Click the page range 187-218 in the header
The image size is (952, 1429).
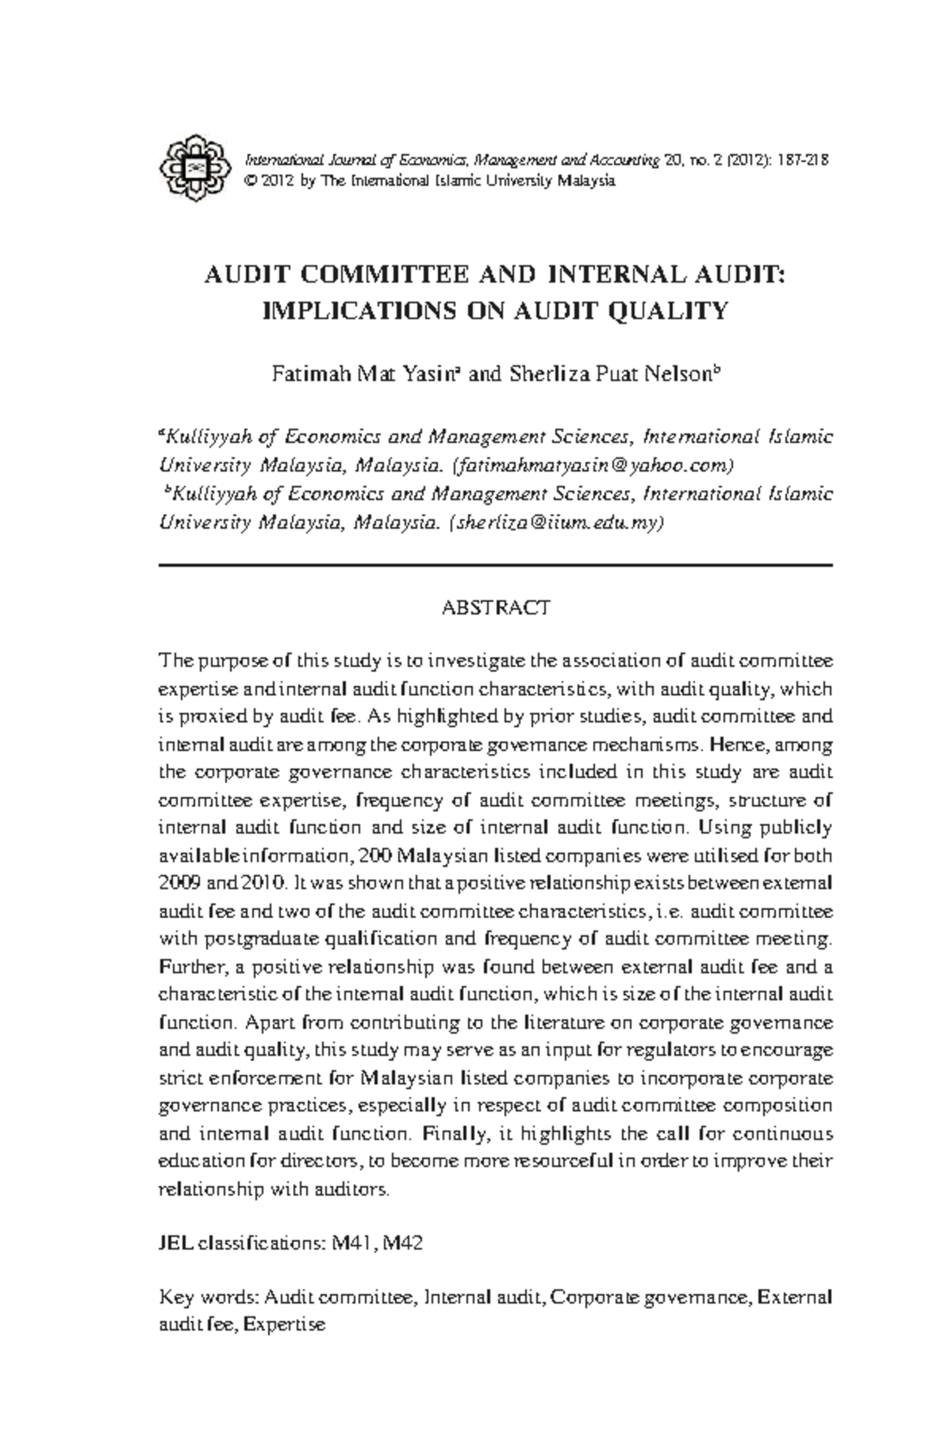pyautogui.click(x=804, y=160)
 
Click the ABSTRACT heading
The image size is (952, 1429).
pyautogui.click(x=495, y=608)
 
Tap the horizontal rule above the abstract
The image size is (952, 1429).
pyautogui.click(x=495, y=565)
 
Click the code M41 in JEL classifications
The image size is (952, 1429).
pyautogui.click(x=348, y=1243)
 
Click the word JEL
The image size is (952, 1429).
pyautogui.click(x=175, y=1243)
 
